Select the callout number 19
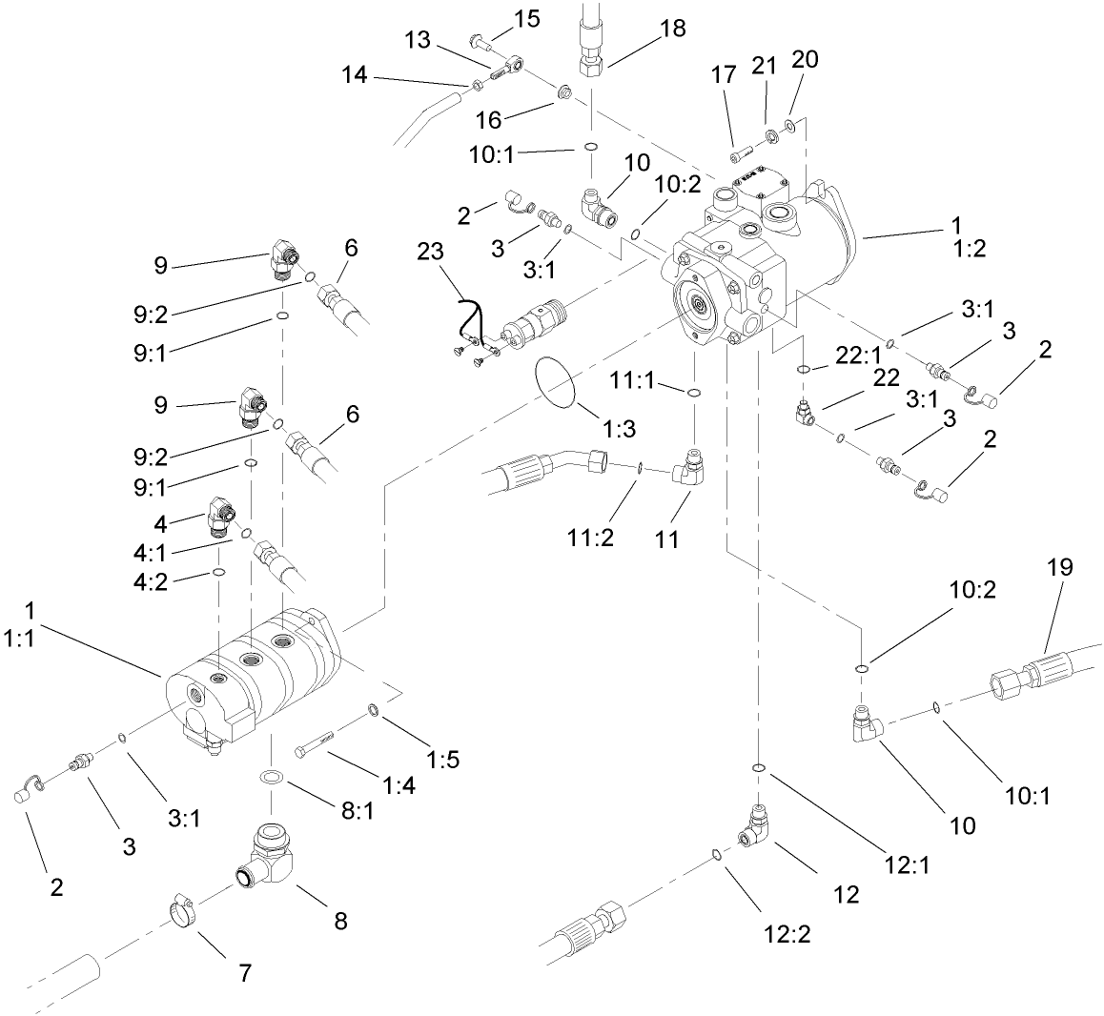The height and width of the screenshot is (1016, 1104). (x=1059, y=568)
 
